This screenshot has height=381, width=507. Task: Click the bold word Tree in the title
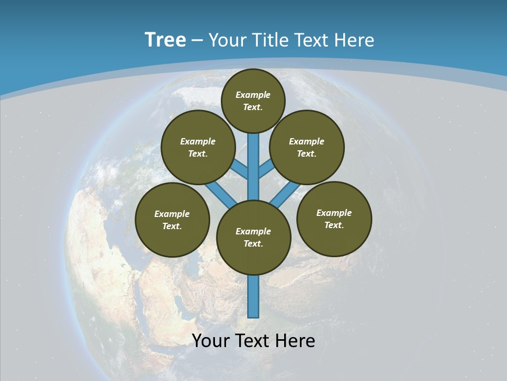tap(165, 40)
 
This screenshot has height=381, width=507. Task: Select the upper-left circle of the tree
tap(198, 147)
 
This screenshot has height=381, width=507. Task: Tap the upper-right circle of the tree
tap(307, 147)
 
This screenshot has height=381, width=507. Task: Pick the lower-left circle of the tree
tap(172, 220)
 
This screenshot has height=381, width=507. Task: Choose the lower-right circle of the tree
tap(334, 219)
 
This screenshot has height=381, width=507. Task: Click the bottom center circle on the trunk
tap(253, 237)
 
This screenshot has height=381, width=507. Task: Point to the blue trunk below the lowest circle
tap(253, 296)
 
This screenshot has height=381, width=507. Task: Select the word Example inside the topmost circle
tap(253, 95)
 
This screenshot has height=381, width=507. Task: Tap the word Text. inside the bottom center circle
tap(253, 243)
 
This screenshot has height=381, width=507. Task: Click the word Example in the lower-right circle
tap(334, 213)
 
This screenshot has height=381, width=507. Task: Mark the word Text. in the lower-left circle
tap(172, 226)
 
